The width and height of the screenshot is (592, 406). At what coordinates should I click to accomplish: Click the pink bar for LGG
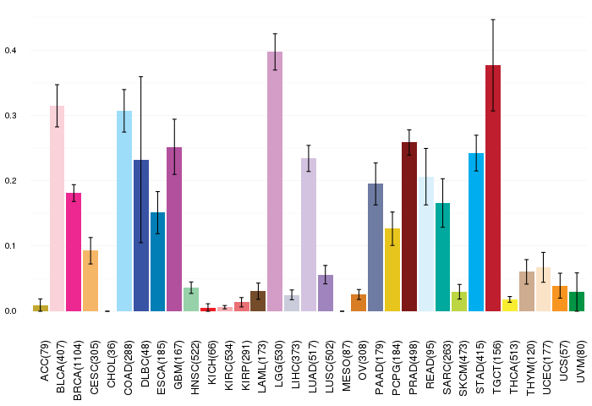click(x=275, y=181)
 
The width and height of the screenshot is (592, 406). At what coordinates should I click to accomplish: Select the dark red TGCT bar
click(x=493, y=188)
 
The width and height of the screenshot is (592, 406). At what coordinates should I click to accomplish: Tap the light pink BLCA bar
click(x=57, y=208)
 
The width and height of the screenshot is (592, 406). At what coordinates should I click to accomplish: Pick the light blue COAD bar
click(x=124, y=211)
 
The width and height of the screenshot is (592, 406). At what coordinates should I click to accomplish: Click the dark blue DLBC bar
click(x=141, y=236)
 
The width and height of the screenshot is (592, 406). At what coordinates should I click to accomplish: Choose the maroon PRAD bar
click(x=409, y=227)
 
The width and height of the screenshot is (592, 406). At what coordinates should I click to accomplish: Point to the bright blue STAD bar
click(x=476, y=233)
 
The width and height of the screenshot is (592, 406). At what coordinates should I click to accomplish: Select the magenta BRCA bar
click(x=74, y=252)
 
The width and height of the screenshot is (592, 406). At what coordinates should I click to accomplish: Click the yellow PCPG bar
click(x=392, y=270)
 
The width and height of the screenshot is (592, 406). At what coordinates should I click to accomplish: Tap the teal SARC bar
click(x=442, y=257)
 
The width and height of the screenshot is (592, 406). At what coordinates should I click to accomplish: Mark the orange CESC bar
click(x=90, y=281)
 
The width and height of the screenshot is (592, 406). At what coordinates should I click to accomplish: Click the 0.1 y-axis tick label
click(x=10, y=246)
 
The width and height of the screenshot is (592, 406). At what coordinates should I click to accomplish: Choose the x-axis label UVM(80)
click(x=580, y=361)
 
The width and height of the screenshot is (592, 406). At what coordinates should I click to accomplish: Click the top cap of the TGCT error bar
click(x=493, y=19)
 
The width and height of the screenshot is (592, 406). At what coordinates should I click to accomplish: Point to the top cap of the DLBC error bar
click(x=141, y=77)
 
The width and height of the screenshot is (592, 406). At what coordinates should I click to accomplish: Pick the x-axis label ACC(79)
click(x=44, y=361)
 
